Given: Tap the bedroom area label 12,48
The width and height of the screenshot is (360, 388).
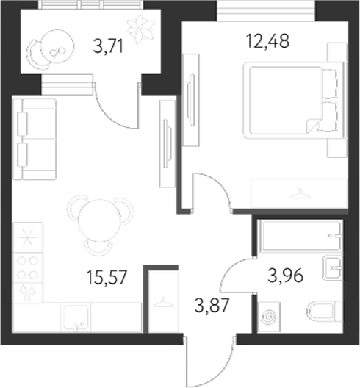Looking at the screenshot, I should point(270,41).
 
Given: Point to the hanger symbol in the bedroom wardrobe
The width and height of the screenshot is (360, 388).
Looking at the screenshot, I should point(299,193).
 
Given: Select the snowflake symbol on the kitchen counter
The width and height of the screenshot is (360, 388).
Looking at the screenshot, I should point(26,239).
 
